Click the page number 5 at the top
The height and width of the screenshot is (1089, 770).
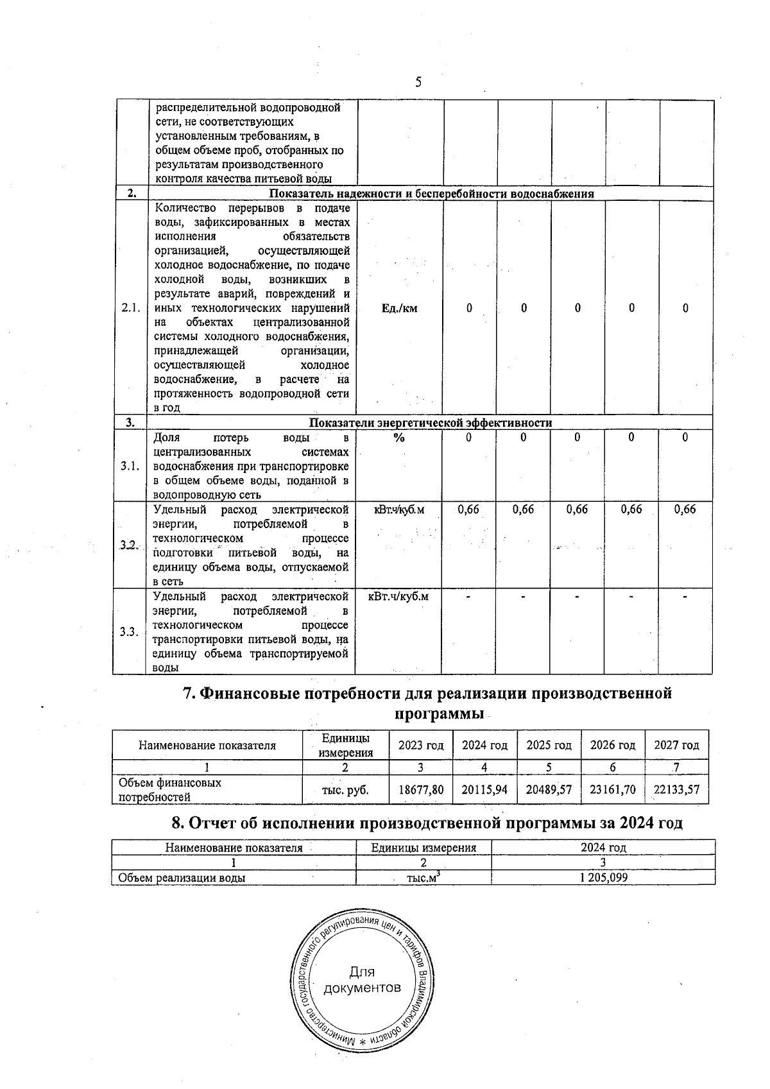coord(418,82)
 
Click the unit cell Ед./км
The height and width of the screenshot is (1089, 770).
coord(399,308)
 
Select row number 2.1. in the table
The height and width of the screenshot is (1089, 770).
coord(130,308)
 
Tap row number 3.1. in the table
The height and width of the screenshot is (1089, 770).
coord(130,466)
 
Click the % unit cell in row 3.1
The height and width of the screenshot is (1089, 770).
coord(399,438)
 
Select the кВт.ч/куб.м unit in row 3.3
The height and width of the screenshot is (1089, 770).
coord(398,597)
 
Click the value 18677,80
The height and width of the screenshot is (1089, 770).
coord(421,789)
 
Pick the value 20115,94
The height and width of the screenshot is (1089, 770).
coord(484,789)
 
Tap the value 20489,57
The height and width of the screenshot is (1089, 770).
coord(549,789)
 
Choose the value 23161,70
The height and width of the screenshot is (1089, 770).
coord(613,789)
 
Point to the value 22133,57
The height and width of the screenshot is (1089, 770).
coord(676,789)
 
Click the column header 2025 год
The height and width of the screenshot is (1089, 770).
coord(549,745)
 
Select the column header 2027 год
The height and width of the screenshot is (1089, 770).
coord(676,745)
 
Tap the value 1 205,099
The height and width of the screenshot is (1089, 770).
coord(603,878)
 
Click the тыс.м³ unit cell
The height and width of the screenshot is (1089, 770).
coord(423,877)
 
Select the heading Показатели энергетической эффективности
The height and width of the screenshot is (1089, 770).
coord(431,422)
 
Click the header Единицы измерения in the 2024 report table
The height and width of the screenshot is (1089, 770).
coord(424,848)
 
